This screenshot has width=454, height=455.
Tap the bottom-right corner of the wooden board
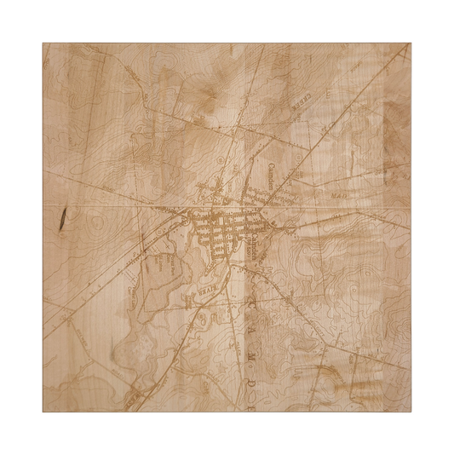(x=410, y=411)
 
